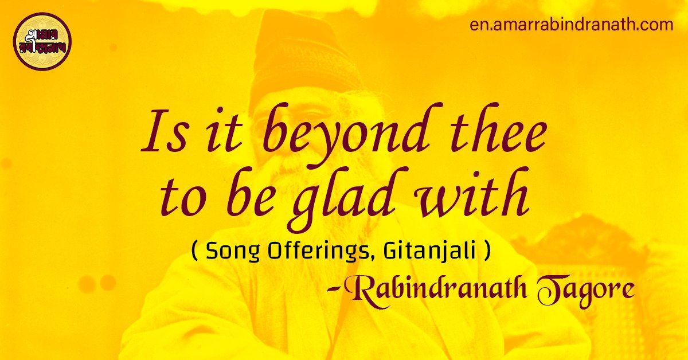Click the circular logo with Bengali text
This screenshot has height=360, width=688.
(x=42, y=41)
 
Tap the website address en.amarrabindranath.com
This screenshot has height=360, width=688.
(x=570, y=25)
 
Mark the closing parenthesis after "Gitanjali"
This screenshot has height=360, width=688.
(x=487, y=253)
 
